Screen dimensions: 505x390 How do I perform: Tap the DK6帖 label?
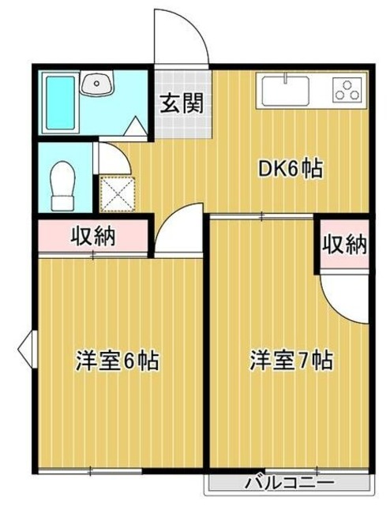(x=291, y=169)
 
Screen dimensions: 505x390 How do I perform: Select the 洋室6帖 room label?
(x=118, y=361)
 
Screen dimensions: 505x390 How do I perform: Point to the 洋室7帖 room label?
(x=291, y=361)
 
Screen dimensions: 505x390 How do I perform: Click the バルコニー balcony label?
(x=289, y=481)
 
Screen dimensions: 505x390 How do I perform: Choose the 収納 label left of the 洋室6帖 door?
(x=93, y=235)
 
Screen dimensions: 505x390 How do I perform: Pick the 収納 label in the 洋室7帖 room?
(x=344, y=244)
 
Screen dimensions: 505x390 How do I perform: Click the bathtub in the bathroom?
(x=60, y=105)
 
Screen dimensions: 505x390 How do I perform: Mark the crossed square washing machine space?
(x=114, y=193)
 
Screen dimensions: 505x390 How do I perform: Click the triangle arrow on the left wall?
(x=27, y=344)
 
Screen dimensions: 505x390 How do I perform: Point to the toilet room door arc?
(x=114, y=158)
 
